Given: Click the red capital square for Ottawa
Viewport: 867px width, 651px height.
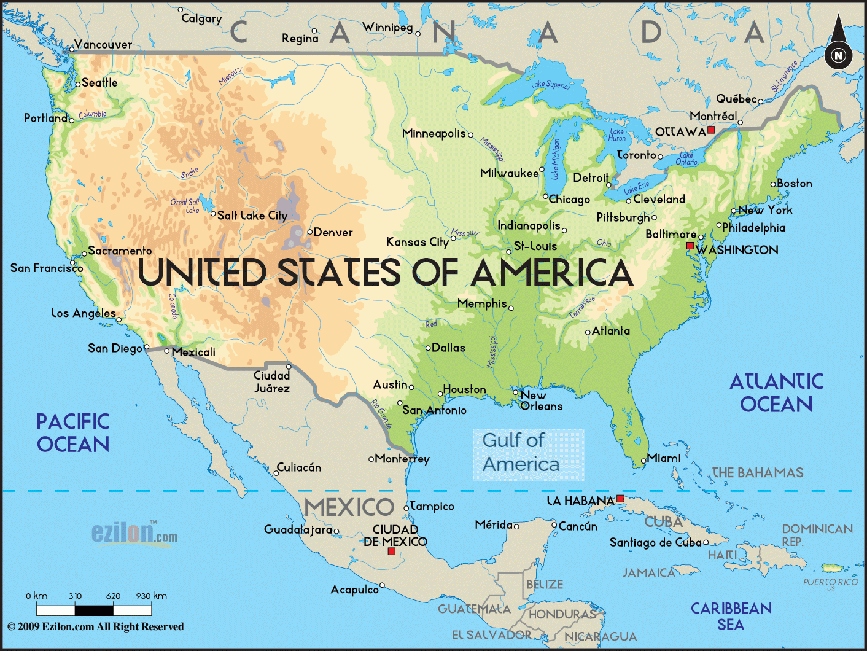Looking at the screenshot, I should pos(711,130).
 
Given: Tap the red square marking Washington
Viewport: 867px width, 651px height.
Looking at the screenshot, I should pos(690,246).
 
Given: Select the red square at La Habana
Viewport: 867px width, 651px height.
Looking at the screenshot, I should pos(620,498).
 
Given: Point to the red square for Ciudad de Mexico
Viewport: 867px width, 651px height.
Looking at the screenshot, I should pos(391,552).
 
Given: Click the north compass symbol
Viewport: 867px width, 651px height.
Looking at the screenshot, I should pos(838,55).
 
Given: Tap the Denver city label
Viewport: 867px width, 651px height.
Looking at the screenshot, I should pos(333,232).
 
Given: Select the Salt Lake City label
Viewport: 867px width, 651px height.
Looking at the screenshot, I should pos(252,216).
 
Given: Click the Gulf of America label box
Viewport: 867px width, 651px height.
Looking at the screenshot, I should pos(527,454).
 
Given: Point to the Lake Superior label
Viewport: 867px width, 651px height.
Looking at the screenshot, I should pos(550,85).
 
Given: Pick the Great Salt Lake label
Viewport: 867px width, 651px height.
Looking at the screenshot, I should pos(185,206).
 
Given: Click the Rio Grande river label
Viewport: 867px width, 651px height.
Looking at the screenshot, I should pos(381,413).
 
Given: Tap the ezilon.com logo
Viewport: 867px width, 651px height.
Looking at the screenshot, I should pos(134,532).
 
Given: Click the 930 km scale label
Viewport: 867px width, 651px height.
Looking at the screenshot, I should pos(152,596).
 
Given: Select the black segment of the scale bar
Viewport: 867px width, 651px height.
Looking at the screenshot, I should pos(94,610).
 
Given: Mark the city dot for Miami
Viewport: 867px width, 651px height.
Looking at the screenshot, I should pos(643,460).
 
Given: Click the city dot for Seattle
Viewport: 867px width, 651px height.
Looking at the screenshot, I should pos(78,84).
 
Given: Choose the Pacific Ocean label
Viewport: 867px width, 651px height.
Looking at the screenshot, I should pos(73,433).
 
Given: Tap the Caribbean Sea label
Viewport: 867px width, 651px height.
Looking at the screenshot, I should pos(731,616).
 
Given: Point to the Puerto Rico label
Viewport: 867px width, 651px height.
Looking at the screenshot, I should pos(830,582).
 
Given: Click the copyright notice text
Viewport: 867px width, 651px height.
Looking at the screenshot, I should pos(96,626).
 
